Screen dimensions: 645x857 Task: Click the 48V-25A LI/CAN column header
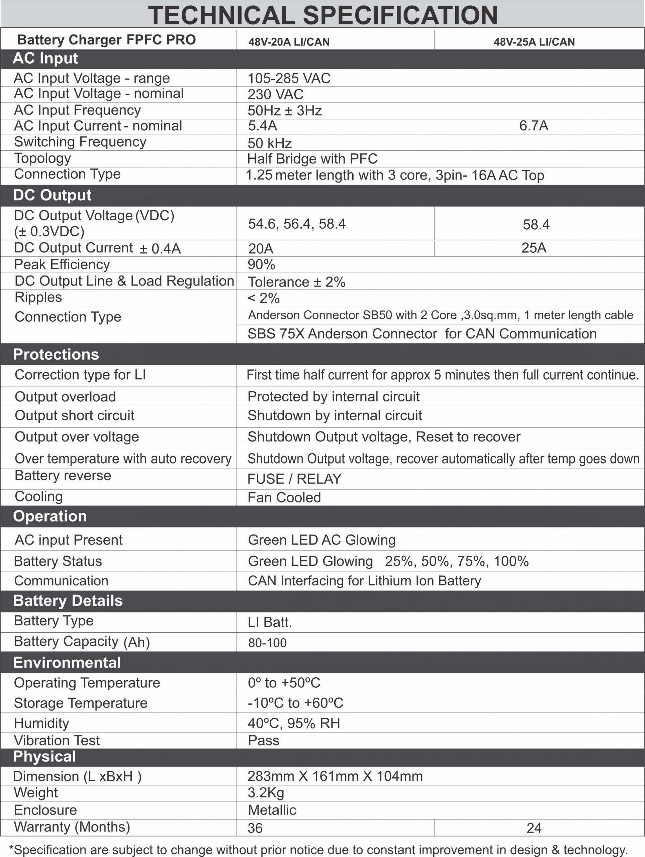click(534, 42)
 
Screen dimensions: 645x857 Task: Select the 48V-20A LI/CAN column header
click(289, 42)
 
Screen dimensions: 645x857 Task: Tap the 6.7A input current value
click(534, 126)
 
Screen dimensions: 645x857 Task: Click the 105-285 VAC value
click(289, 78)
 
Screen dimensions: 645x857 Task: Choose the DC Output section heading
click(52, 195)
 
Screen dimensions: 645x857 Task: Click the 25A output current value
click(534, 248)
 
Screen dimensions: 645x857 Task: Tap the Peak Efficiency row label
click(62, 264)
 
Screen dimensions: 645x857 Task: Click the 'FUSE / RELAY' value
click(294, 479)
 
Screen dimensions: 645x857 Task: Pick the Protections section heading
click(56, 354)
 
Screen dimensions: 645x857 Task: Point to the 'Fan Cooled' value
click(284, 497)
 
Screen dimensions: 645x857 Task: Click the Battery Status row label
click(58, 561)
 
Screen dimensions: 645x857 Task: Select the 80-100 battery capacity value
click(267, 643)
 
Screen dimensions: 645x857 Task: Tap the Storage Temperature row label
click(81, 703)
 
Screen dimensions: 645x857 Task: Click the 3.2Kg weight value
click(266, 793)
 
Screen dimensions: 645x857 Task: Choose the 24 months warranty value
click(534, 828)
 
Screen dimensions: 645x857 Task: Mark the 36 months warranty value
click(255, 828)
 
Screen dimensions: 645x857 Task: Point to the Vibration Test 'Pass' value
click(263, 741)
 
